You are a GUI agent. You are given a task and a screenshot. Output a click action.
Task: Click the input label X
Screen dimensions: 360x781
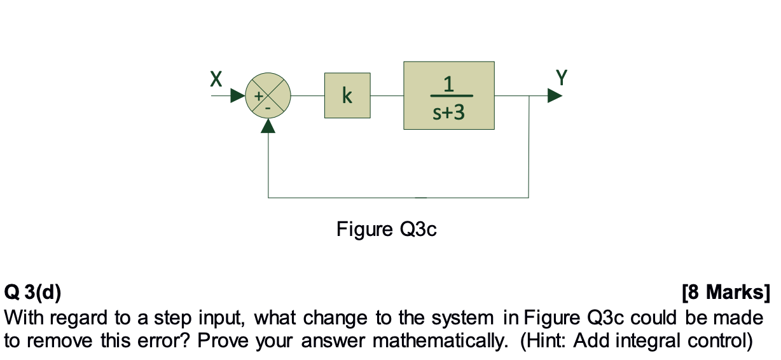click(x=218, y=80)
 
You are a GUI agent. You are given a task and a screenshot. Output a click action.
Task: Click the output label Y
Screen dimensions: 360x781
click(x=560, y=78)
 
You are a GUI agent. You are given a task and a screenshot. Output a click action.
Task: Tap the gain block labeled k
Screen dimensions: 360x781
click(x=347, y=95)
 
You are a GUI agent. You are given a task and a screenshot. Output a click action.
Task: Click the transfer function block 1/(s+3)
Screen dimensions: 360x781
click(x=449, y=95)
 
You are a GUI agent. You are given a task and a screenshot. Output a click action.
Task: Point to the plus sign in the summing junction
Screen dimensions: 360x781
click(x=258, y=97)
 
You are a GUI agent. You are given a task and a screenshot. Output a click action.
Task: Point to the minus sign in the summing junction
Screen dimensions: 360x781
click(x=268, y=109)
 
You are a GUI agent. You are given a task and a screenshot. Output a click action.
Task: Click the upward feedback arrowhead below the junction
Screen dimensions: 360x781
click(x=268, y=125)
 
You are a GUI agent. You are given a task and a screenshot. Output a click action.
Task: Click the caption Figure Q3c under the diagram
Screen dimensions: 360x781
click(x=387, y=230)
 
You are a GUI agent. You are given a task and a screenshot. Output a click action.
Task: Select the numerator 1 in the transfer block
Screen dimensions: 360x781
click(x=450, y=83)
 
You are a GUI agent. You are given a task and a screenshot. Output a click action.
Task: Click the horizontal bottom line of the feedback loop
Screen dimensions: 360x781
click(x=398, y=198)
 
